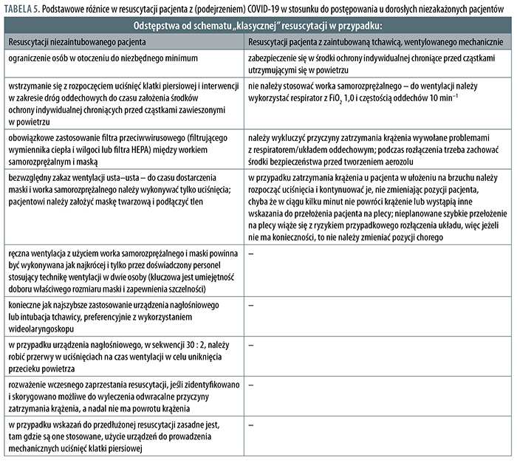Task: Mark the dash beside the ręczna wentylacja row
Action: tap(253, 254)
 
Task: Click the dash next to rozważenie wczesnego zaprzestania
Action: tap(253, 385)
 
